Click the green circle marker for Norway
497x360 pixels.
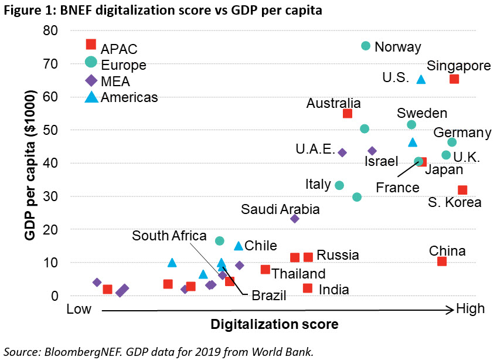point(366,46)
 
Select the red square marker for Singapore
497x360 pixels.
point(454,79)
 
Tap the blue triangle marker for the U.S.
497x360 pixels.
point(421,79)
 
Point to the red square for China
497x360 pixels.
point(442,261)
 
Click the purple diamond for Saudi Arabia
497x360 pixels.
point(295,219)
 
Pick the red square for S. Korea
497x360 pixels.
point(462,190)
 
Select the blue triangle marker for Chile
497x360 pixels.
point(239,246)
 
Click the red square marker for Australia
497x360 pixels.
point(348,114)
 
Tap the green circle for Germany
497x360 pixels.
point(452,142)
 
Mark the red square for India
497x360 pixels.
point(308,288)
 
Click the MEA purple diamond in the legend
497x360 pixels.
point(91,80)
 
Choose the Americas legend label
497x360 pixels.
point(129,97)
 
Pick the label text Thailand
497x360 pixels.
point(298,273)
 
